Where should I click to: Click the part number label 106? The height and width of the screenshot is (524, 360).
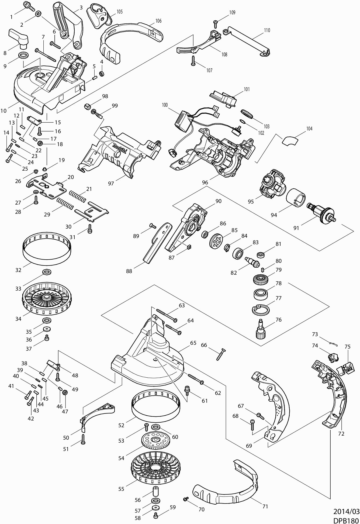click(158, 21)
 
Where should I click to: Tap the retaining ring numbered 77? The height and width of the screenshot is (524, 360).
click(260, 309)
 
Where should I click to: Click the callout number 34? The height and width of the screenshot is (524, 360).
click(18, 319)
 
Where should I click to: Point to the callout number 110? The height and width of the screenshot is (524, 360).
click(267, 30)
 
